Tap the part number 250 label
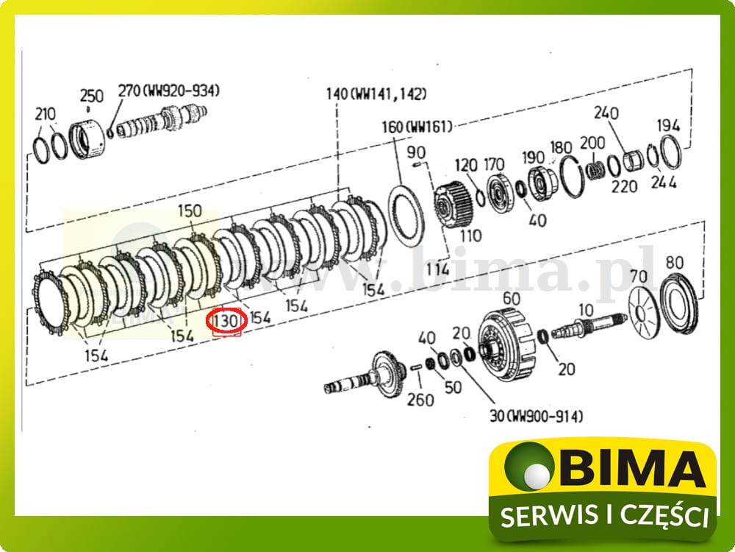pyautogui.click(x=91, y=96)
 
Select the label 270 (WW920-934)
pyautogui.click(x=169, y=91)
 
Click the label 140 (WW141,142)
pyautogui.click(x=376, y=93)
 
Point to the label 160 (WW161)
pyautogui.click(x=416, y=127)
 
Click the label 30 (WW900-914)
pyautogui.click(x=536, y=416)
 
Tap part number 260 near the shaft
pyautogui.click(x=420, y=400)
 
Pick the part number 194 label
pyautogui.click(x=668, y=126)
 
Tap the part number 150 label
pyautogui.click(x=190, y=211)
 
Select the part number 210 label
pyautogui.click(x=45, y=114)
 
